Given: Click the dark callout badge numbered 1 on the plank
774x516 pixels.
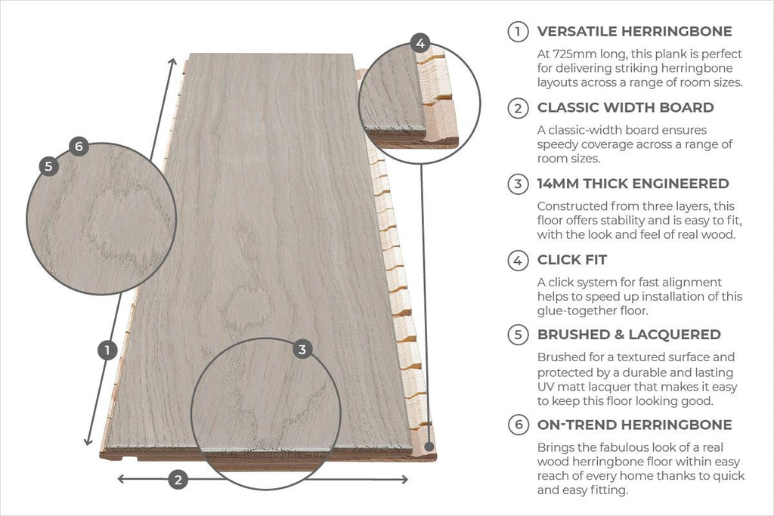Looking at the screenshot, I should [107, 350].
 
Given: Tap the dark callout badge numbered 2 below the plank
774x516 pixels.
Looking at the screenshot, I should [178, 479].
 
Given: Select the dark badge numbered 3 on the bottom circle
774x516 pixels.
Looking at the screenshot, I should [302, 349].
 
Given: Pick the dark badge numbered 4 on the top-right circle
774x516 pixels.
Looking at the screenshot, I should [420, 42].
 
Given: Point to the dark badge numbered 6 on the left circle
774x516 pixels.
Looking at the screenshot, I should [79, 147].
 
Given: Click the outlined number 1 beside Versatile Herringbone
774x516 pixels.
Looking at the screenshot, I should [518, 32].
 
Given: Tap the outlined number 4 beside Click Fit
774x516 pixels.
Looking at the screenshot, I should [518, 261].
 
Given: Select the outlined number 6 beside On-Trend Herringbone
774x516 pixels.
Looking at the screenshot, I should [518, 425].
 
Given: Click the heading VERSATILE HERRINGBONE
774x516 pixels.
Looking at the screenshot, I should [634, 32].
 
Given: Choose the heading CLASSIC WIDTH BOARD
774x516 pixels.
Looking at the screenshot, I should [625, 107].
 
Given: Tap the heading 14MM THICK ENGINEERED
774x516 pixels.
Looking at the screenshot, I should [633, 184].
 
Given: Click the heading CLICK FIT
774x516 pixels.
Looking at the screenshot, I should [572, 260].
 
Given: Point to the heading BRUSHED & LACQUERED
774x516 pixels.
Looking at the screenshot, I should [629, 335].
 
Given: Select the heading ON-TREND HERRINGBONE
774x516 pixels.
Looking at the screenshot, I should [634, 425].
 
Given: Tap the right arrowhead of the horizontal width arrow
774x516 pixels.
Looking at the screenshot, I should [404, 479].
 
